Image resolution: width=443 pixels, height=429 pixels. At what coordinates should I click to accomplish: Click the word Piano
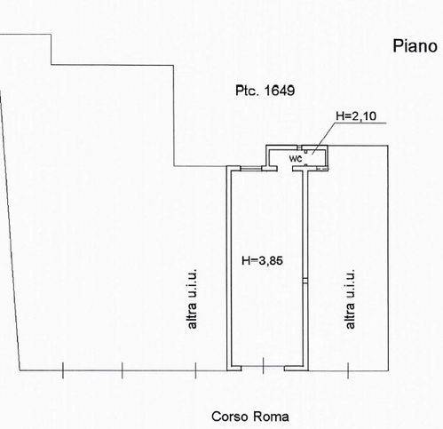(415, 46)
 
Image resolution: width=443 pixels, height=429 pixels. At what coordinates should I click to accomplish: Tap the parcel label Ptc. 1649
(265, 91)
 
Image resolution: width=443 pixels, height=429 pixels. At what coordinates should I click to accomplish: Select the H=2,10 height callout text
(356, 115)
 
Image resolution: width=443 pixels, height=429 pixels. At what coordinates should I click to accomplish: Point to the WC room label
(296, 159)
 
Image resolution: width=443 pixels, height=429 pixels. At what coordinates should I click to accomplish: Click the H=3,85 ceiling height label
(262, 260)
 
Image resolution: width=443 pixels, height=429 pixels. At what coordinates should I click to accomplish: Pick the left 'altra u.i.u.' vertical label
(192, 298)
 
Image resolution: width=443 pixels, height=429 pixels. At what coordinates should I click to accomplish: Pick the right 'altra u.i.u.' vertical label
(350, 298)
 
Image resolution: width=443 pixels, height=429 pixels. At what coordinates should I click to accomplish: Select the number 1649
(280, 91)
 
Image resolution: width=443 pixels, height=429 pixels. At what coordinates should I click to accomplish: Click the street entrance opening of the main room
(263, 369)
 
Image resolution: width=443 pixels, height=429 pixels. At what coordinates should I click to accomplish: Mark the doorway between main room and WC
(285, 169)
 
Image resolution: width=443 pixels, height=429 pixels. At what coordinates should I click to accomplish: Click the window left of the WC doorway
(250, 169)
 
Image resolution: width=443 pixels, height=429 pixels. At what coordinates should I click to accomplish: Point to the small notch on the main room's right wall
(305, 281)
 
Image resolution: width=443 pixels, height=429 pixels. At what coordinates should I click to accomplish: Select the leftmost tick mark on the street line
(63, 370)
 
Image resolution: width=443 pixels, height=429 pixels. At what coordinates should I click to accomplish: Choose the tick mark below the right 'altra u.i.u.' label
(348, 370)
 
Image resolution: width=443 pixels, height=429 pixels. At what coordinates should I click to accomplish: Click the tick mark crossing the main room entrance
(263, 366)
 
